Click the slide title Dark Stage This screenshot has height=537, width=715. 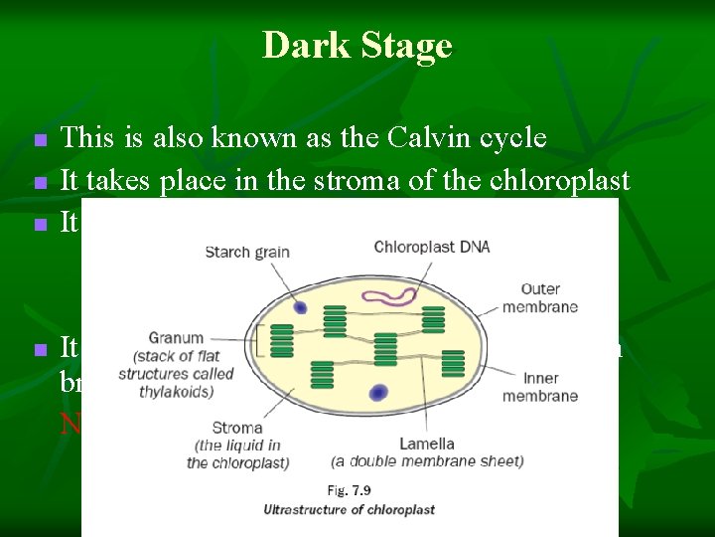click(x=357, y=46)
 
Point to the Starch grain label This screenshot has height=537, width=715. click(x=246, y=252)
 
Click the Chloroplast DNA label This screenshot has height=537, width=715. click(x=432, y=248)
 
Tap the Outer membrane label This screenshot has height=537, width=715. click(x=540, y=297)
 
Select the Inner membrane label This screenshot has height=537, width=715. click(x=540, y=387)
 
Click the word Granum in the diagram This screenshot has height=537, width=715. click(x=176, y=338)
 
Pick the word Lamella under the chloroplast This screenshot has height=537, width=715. click(x=427, y=444)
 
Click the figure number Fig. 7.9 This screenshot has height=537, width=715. click(x=349, y=491)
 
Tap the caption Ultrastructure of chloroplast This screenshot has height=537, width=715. click(x=349, y=509)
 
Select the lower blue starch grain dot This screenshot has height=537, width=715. click(x=377, y=393)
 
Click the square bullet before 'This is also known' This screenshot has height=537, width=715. click(x=39, y=139)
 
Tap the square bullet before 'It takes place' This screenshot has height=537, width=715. click(x=39, y=182)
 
